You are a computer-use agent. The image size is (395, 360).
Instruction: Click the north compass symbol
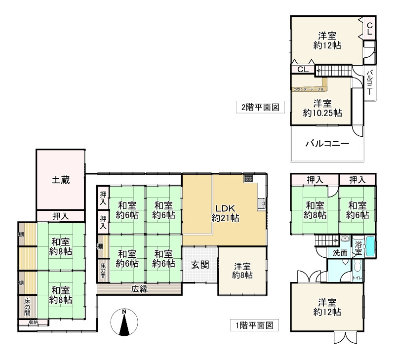click(x=125, y=323)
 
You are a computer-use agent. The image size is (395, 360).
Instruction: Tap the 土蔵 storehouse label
click(x=61, y=180)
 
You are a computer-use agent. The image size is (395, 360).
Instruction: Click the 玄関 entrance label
click(x=200, y=265)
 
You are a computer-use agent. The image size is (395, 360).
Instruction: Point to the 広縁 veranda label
click(x=139, y=289)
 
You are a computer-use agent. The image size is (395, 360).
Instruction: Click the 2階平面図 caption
click(x=260, y=106)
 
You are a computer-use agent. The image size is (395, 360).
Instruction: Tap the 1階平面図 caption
click(x=254, y=325)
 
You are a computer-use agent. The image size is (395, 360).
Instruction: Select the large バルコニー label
click(x=327, y=144)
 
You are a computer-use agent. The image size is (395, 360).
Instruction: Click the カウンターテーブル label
click(x=309, y=89)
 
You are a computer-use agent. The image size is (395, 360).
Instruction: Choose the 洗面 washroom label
click(x=339, y=252)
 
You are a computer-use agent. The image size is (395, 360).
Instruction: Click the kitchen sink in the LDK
click(x=262, y=203)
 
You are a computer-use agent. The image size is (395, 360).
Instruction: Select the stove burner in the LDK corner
click(x=248, y=179)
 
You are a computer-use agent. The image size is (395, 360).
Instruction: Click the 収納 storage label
click(x=33, y=322)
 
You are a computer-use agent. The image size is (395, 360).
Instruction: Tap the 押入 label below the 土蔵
click(x=60, y=216)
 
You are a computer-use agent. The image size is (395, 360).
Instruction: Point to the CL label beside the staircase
click(x=303, y=70)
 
